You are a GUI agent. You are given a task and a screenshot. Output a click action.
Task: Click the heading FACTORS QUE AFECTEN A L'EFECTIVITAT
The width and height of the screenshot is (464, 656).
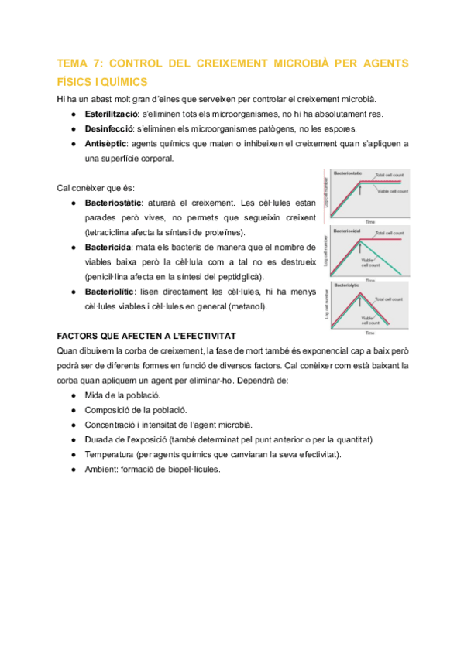[148, 336]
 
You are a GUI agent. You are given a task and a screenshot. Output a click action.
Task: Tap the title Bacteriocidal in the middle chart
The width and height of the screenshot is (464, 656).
[348, 231]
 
